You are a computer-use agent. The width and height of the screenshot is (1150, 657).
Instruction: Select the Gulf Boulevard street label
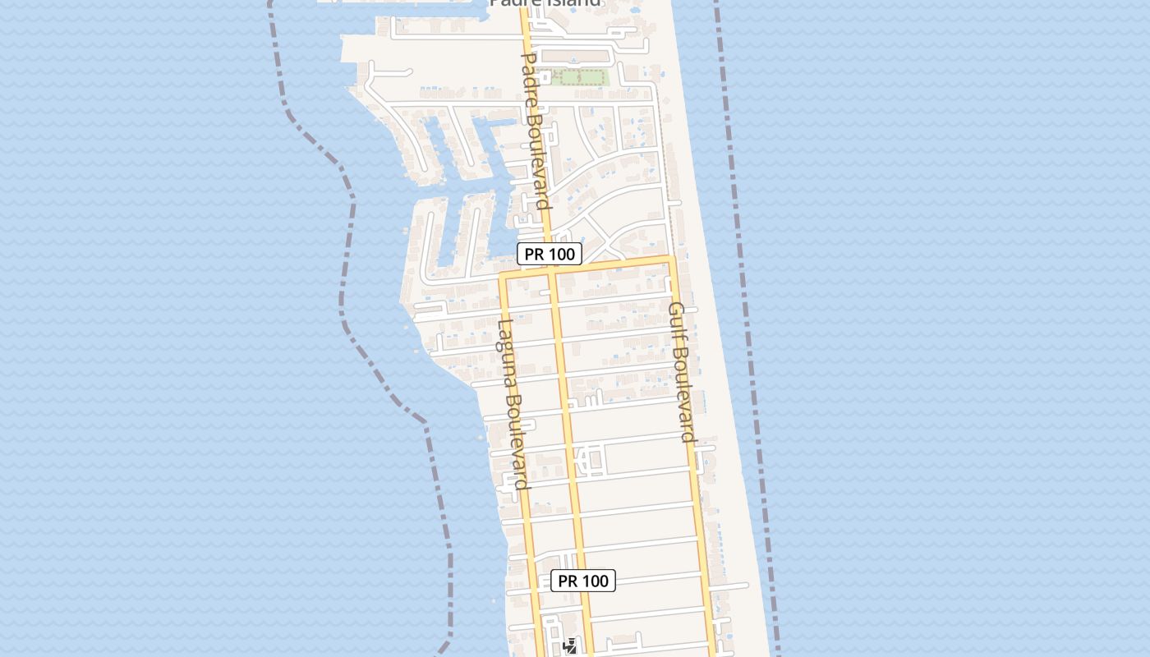682,371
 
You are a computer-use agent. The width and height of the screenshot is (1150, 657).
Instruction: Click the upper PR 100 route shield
550,254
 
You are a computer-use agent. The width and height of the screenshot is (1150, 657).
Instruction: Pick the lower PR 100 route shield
583,581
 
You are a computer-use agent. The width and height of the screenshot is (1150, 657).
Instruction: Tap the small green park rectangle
580,78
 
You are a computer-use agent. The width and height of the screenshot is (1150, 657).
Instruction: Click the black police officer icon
569,646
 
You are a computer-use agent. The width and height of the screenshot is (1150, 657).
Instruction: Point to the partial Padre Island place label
545,3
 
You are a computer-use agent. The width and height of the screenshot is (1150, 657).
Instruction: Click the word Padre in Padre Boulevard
530,80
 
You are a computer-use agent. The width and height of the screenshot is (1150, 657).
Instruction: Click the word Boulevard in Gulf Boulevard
685,393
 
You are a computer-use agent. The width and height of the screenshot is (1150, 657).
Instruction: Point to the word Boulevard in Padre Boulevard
538,161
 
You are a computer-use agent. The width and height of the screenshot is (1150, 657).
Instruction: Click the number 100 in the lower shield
595,581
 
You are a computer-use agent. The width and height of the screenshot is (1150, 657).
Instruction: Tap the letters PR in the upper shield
534,254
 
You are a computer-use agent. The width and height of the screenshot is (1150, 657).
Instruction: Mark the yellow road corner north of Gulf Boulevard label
671,260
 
